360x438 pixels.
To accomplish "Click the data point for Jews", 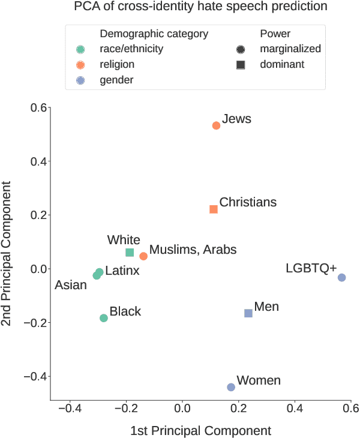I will coord(216,125).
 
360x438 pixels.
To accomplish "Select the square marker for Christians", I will coord(214,209).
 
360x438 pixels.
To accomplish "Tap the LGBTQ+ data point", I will coord(342,277).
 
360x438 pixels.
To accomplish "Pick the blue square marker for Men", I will coord(248,313).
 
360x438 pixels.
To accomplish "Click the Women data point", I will coord(231,387).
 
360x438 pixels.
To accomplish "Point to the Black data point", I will coord(104,318).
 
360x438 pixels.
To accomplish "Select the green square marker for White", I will coord(130,253).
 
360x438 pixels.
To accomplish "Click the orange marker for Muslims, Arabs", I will coord(143,256).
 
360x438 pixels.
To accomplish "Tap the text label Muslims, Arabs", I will coord(193,250).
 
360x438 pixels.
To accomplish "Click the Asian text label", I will coord(71,285).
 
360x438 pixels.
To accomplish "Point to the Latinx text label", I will coord(122,271).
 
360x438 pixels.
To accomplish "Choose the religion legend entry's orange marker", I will coord(81,65).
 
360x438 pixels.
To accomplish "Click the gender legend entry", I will coord(116,80).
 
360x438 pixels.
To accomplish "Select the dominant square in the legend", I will coord(241,64).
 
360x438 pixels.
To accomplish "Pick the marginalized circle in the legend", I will coord(241,49).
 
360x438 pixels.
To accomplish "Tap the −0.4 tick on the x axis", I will coord(70,408).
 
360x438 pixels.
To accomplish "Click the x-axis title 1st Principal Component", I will coord(200,430).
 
